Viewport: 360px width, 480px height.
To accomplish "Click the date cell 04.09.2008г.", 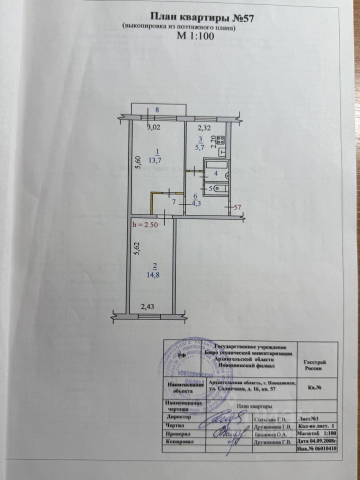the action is click(x=317, y=442).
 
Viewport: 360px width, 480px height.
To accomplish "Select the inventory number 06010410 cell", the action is click(x=317, y=448).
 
